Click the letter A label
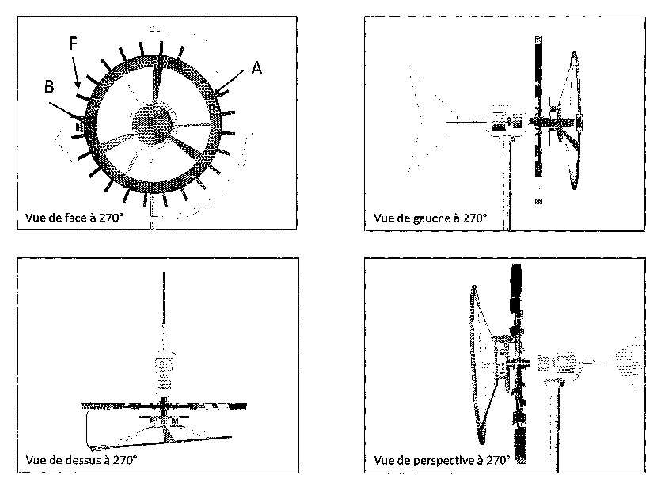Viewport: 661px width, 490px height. point(256,68)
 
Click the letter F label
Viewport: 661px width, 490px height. point(73,43)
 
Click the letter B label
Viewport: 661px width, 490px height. point(49,86)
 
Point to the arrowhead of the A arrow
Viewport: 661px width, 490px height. point(218,90)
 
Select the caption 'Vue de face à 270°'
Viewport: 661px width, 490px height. point(74,218)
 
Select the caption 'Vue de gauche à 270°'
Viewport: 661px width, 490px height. point(430,218)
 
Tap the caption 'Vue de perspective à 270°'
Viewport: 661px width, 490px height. point(442,460)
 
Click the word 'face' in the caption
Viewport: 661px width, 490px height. point(75,218)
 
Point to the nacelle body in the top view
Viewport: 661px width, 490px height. point(164,371)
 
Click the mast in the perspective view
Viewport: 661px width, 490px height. point(556,426)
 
